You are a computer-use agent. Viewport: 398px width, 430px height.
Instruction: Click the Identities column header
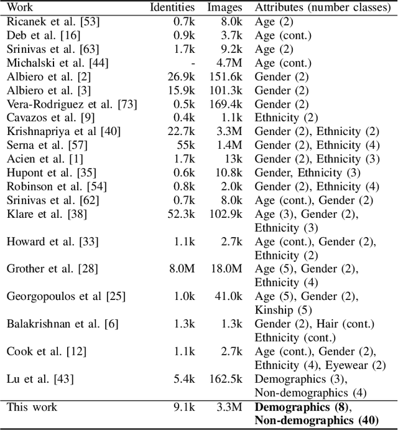pos(172,8)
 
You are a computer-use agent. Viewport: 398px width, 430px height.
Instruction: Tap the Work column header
pos(19,8)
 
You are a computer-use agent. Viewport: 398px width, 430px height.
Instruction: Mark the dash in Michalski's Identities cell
pos(193,63)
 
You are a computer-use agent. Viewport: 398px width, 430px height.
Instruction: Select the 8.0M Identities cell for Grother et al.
pos(182,268)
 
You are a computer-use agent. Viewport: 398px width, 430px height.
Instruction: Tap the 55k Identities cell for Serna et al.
pos(186,145)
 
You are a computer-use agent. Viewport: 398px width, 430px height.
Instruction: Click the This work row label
pos(32,407)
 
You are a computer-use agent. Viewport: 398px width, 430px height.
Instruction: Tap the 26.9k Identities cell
pos(181,77)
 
